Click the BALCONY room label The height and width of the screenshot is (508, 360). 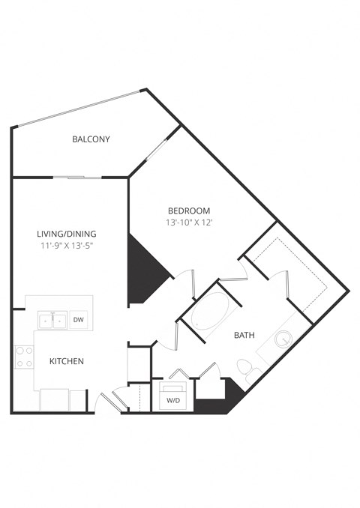(91, 139)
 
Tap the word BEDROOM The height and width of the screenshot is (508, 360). (189, 211)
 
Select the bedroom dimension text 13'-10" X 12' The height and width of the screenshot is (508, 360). (189, 223)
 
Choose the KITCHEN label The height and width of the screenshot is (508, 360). (67, 361)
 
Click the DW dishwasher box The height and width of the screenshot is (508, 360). (79, 320)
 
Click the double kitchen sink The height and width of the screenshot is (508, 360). (52, 321)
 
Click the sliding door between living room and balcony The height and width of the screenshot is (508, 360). (77, 178)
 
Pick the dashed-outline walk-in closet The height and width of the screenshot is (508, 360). (289, 270)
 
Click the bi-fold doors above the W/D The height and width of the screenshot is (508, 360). (178, 374)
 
